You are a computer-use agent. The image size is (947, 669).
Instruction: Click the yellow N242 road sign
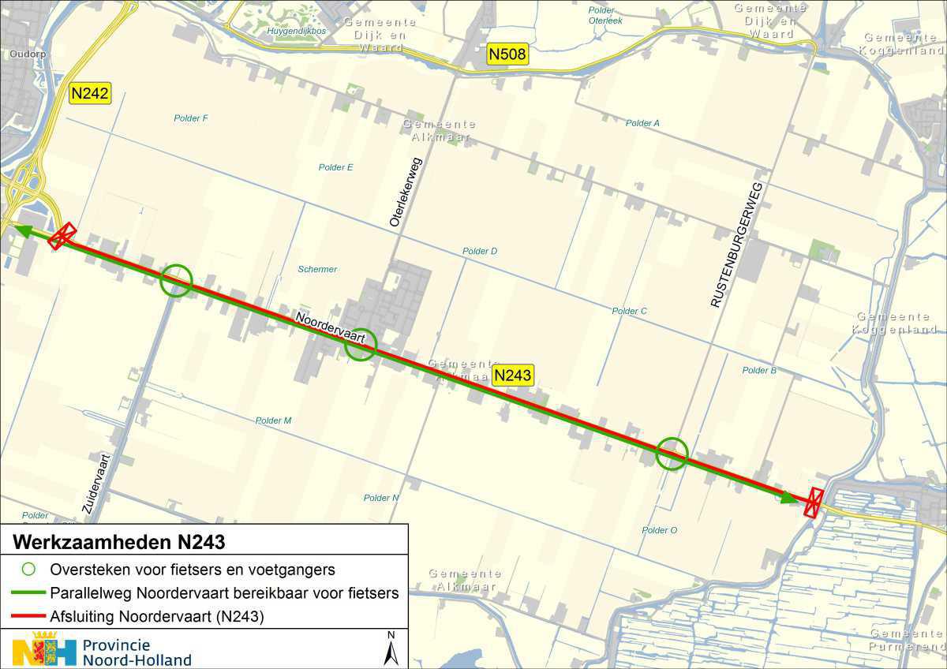(90, 93)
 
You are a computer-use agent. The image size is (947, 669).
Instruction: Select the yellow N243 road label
(513, 376)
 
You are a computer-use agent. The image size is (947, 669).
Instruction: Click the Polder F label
(191, 118)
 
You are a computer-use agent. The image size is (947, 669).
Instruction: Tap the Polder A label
(642, 123)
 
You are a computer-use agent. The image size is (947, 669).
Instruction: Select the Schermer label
(317, 269)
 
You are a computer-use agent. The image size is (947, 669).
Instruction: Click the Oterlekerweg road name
(405, 193)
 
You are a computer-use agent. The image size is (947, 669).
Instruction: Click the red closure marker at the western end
(62, 235)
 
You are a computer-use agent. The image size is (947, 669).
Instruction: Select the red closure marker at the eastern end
(814, 503)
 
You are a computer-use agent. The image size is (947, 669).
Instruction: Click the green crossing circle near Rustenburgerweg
(672, 454)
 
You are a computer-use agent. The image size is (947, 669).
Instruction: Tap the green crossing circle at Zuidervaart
(176, 280)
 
